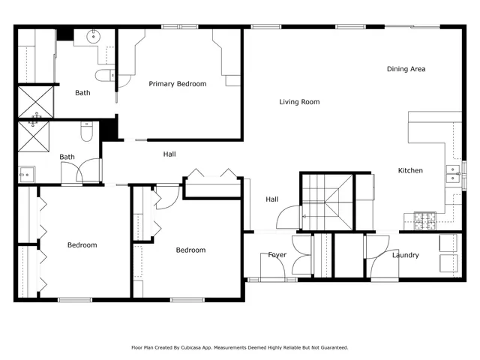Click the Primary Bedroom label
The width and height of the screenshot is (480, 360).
(x=177, y=84)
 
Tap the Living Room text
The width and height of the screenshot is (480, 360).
(x=299, y=102)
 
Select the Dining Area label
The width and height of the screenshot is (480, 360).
(x=406, y=69)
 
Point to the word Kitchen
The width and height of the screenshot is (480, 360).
(x=410, y=171)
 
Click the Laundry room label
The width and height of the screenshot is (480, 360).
(x=405, y=256)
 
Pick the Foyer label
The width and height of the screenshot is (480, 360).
(x=277, y=255)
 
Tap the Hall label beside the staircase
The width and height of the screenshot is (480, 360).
(x=271, y=199)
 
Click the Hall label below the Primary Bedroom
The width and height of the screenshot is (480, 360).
(x=169, y=154)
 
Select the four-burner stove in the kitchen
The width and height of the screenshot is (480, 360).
(x=425, y=220)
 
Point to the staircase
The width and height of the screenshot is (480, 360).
(x=328, y=201)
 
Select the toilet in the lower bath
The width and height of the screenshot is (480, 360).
(x=86, y=133)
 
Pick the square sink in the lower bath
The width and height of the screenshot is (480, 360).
(x=26, y=174)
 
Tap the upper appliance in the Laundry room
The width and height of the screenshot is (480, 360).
(x=448, y=243)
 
